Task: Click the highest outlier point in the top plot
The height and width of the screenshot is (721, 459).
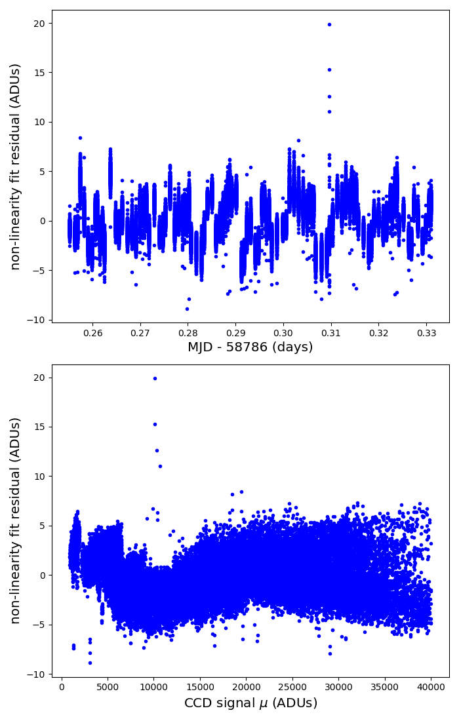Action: coord(329,24)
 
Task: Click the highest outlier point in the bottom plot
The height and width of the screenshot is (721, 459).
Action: coord(155,378)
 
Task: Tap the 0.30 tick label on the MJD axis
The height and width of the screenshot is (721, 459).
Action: coord(283,332)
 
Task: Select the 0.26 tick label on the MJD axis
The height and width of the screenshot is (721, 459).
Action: coord(92,332)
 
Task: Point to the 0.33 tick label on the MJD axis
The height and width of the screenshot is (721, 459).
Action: coord(426,332)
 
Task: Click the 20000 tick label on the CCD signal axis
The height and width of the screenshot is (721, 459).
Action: coord(246,687)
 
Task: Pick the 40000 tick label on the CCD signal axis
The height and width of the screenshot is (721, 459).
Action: coord(431,687)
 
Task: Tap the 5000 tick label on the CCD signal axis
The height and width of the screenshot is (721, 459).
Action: coord(108,687)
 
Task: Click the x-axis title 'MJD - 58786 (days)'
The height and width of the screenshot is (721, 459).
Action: coord(250,347)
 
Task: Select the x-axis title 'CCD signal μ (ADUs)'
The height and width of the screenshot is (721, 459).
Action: coord(250,703)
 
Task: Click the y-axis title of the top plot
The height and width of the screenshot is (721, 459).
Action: coord(15,167)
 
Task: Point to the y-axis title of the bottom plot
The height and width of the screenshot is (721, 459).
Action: coord(15,521)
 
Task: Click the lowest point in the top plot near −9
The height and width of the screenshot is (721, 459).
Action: coord(187,309)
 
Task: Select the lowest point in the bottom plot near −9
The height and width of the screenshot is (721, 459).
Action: coord(90,663)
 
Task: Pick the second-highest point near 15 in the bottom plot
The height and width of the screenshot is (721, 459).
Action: coord(155,425)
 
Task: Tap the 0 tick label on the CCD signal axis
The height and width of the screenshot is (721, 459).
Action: coord(62,687)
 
